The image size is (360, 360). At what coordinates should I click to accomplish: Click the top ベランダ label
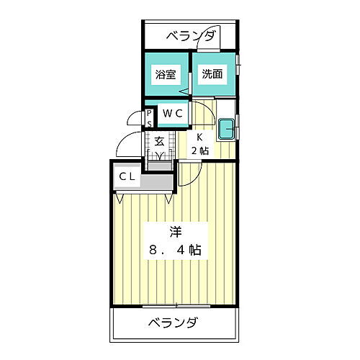click(190, 36)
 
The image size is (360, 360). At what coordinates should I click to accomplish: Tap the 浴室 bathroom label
click(165, 74)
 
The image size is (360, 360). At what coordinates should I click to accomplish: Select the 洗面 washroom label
click(212, 73)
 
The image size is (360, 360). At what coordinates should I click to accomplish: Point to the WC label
click(172, 112)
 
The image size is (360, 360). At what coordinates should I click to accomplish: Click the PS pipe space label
click(150, 117)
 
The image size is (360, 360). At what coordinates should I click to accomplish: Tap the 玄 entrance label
click(159, 141)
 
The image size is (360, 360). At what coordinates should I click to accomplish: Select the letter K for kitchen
click(201, 138)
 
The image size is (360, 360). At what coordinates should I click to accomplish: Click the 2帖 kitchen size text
click(200, 150)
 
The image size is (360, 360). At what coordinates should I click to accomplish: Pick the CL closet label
click(127, 176)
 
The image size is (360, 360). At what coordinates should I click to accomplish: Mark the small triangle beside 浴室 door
click(184, 91)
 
